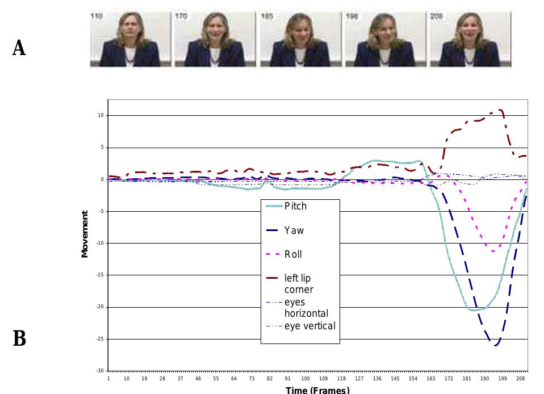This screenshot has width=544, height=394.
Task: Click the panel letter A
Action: [x=19, y=48]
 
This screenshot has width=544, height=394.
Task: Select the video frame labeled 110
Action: [x=130, y=39]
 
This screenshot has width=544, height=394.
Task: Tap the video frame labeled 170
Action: [x=215, y=39]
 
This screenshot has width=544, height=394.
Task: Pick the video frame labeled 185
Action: [x=300, y=39]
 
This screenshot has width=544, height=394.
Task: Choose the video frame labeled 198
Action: [x=385, y=39]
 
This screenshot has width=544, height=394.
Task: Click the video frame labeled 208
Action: [x=470, y=39]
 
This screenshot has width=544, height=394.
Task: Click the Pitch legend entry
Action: [x=295, y=206]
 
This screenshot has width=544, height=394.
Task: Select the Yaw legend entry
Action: [x=294, y=230]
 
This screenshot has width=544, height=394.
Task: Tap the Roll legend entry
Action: [x=293, y=254]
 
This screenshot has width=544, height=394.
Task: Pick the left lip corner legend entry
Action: [x=298, y=284]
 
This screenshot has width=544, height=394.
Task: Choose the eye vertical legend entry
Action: [x=309, y=326]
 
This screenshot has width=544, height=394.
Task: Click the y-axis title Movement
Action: [x=85, y=234]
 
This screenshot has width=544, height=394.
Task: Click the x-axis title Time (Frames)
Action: [x=317, y=389]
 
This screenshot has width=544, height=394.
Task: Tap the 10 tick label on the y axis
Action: [x=101, y=116]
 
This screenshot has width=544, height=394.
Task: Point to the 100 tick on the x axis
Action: [x=306, y=378]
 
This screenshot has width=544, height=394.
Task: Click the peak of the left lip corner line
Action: [x=500, y=110]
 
